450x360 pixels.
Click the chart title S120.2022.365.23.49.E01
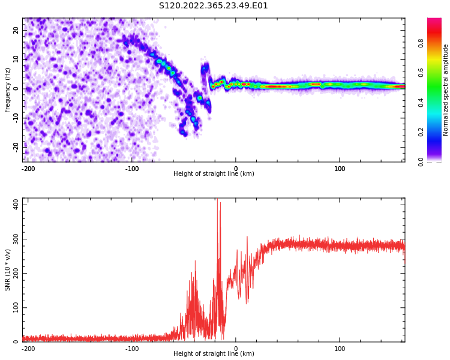213,6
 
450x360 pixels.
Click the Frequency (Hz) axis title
7,90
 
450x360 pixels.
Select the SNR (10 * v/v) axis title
7,270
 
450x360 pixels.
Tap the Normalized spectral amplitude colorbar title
446,90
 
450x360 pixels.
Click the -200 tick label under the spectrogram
28,168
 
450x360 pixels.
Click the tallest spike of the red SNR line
217,200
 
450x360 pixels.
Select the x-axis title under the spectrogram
214,174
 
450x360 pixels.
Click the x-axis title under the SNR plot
214,354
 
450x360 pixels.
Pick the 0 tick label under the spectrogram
236,168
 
